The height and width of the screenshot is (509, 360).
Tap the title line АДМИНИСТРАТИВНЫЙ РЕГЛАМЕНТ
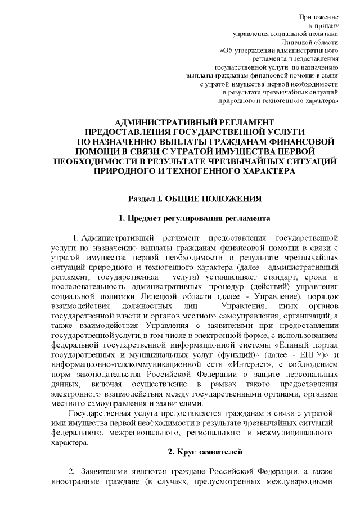(194, 122)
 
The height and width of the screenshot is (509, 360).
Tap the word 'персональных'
(310, 376)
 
